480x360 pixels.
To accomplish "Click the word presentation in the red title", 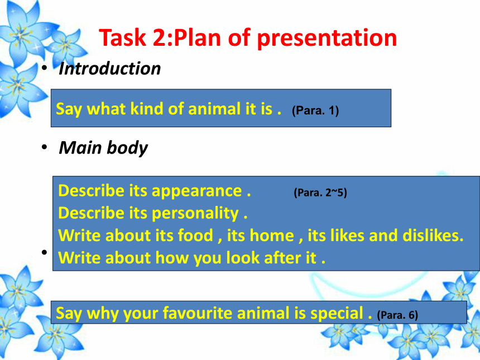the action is (x=327, y=39).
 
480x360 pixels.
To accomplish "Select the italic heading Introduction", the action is (x=109, y=69).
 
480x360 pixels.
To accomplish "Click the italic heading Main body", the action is (x=103, y=148).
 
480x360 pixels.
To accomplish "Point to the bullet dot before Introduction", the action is (x=45, y=68).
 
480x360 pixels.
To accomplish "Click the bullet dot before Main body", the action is (x=45, y=147).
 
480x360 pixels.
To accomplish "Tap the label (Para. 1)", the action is (x=315, y=111).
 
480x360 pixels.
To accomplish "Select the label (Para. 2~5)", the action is (x=320, y=193).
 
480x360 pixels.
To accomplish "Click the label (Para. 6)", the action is (x=397, y=315).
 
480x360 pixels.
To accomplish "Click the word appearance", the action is (x=196, y=191).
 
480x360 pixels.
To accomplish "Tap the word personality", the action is (x=195, y=214).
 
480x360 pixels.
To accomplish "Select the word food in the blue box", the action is (x=195, y=236).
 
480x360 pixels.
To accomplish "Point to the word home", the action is (x=272, y=236).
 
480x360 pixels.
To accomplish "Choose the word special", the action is (x=337, y=314).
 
